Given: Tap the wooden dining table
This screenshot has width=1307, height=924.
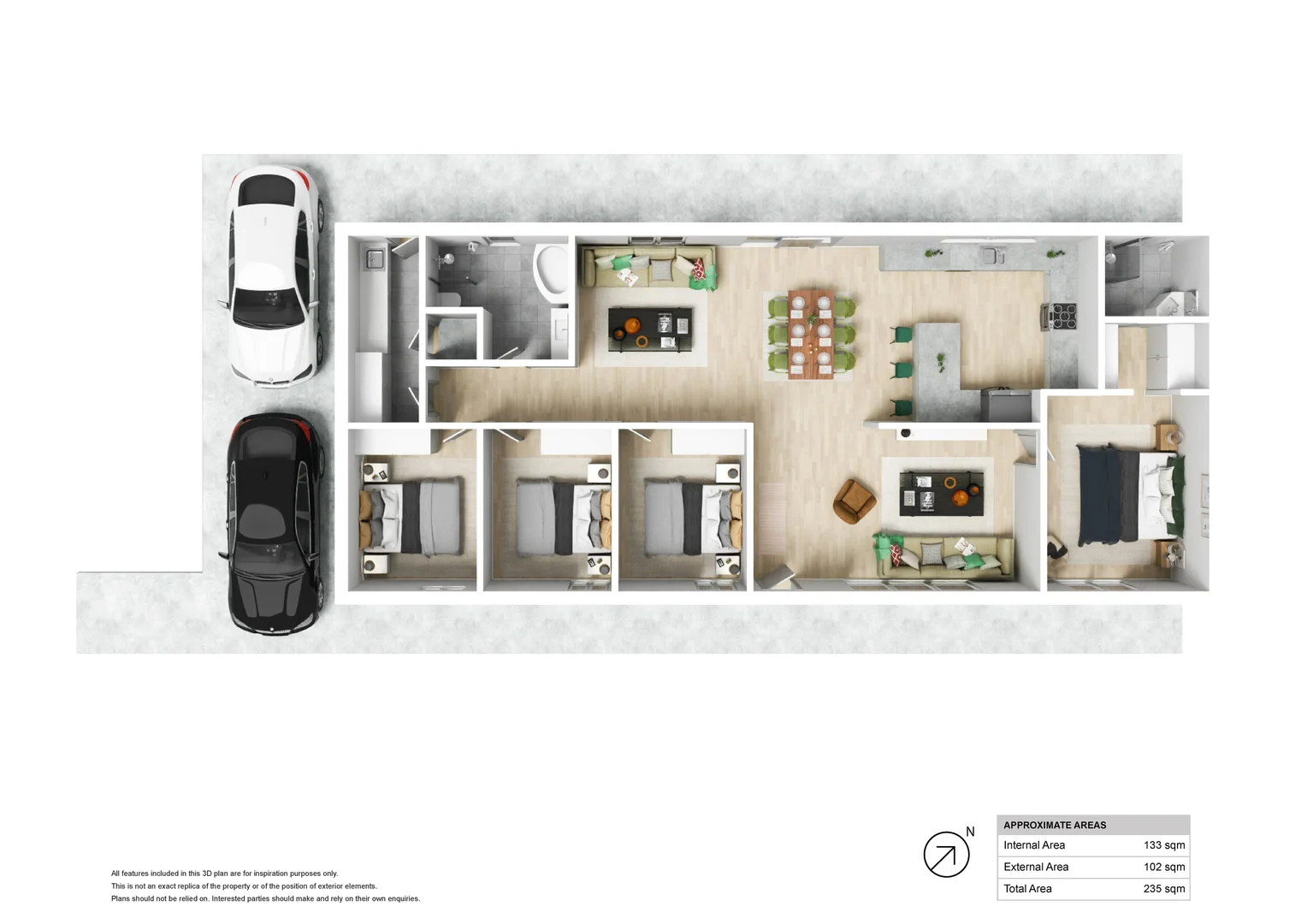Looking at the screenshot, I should click(810, 334).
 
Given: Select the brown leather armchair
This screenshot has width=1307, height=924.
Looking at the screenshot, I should click(853, 500).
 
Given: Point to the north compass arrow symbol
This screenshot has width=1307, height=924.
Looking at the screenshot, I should click(946, 854).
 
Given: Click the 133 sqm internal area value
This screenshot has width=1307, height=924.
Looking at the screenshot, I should click(1163, 845).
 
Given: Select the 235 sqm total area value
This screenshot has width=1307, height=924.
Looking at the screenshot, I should click(1163, 889).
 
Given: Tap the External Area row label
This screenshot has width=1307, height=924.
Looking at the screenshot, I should click(1035, 867).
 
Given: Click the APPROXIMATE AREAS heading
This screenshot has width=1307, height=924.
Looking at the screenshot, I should click(1054, 825).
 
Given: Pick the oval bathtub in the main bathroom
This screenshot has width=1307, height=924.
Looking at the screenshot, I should click(552, 269).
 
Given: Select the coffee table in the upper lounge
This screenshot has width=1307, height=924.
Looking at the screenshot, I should click(650, 329).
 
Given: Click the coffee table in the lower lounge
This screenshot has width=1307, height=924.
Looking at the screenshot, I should click(941, 493).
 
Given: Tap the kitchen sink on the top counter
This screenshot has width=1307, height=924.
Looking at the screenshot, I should click(991, 255).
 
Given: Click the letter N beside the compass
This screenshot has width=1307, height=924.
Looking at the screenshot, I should click(970, 832).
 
